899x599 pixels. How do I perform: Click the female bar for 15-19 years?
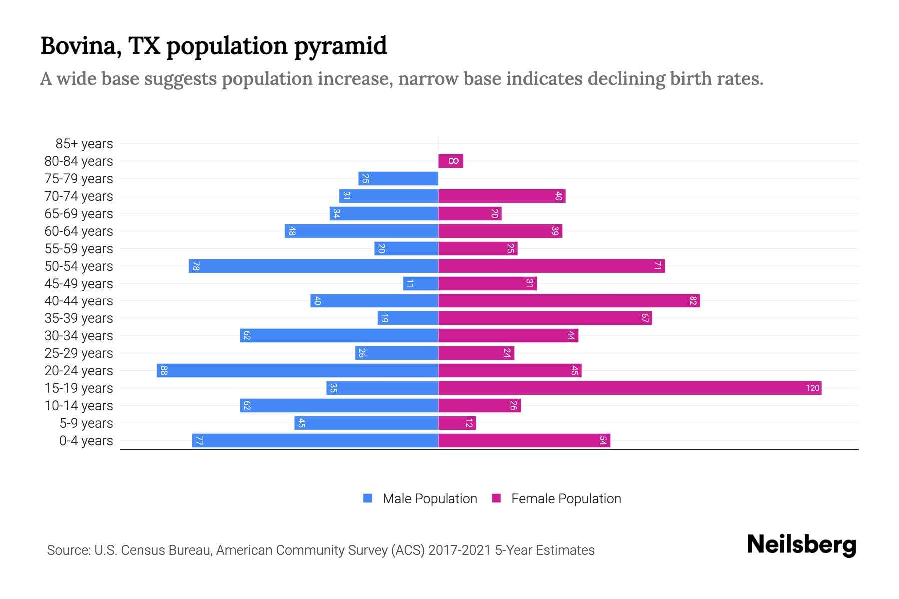click(x=629, y=388)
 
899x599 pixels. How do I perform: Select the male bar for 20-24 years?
click(x=297, y=370)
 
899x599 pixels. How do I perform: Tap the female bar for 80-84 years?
click(x=450, y=161)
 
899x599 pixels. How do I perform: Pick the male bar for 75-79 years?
click(x=398, y=178)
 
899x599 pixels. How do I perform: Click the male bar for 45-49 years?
click(x=421, y=283)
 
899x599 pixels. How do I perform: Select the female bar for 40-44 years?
click(x=569, y=300)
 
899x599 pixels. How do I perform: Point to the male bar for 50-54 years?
click(x=313, y=266)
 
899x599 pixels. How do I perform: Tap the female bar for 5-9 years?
click(x=457, y=423)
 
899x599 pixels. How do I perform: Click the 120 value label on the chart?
click(x=812, y=388)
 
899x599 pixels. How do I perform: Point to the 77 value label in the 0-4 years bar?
click(x=199, y=440)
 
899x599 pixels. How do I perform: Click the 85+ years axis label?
click(x=84, y=144)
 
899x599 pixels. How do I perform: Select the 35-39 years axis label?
click(x=79, y=318)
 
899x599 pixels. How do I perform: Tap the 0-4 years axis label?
click(x=86, y=441)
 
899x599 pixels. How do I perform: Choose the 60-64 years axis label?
click(x=79, y=231)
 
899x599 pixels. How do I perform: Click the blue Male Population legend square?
click(x=368, y=498)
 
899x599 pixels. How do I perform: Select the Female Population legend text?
click(x=566, y=498)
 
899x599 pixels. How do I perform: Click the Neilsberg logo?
click(x=801, y=545)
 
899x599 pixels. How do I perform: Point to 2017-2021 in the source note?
click(x=459, y=550)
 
